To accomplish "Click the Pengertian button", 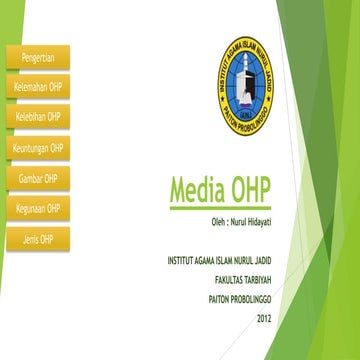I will click(38, 56).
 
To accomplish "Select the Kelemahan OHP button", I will click(38, 87).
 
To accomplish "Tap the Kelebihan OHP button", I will click(38, 117).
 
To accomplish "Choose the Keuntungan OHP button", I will click(38, 148).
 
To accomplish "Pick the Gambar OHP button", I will click(38, 178).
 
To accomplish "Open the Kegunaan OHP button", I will click(38, 209).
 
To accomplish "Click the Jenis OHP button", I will click(38, 239).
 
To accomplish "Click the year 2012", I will click(263, 318).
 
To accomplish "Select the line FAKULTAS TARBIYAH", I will click(235, 280).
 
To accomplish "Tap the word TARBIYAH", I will click(252, 280).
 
